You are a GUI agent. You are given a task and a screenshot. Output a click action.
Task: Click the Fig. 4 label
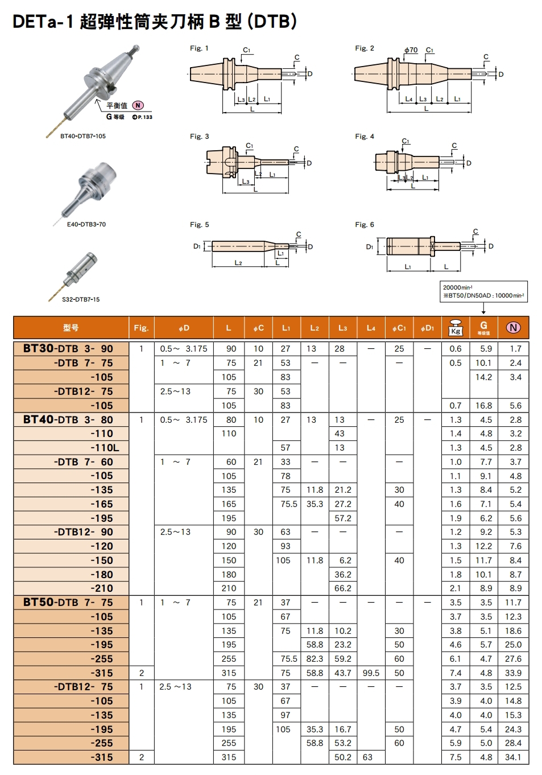[365, 137]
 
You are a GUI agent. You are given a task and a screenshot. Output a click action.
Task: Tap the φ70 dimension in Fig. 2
[411, 50]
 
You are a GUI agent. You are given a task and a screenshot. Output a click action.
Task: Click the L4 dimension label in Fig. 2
[409, 99]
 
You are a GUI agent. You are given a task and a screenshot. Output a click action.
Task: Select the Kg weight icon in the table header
[456, 328]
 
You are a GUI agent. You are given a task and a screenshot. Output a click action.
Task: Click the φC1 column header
[399, 328]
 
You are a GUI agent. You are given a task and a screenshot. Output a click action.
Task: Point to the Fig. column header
[141, 328]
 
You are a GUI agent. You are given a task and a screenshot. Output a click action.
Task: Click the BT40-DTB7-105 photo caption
[83, 136]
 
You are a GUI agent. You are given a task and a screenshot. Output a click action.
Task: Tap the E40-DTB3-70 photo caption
[86, 224]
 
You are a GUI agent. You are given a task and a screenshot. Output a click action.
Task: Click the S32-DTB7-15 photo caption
[81, 299]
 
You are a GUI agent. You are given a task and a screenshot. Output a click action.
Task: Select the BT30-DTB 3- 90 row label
[68, 348]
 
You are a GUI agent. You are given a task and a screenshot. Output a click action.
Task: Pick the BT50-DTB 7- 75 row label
[68, 603]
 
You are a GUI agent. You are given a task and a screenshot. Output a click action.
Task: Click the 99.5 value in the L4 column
[371, 673]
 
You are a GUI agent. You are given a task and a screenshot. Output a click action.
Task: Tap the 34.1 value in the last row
[513, 757]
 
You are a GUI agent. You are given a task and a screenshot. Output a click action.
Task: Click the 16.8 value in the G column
[483, 406]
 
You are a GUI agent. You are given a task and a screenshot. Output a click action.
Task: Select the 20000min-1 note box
[483, 291]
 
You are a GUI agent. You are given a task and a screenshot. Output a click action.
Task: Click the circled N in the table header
[513, 328]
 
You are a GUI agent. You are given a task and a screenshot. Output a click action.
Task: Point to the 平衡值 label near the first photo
[117, 106]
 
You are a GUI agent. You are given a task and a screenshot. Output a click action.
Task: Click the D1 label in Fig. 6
[370, 246]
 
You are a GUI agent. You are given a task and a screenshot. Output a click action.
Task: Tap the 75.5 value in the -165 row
[288, 504]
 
